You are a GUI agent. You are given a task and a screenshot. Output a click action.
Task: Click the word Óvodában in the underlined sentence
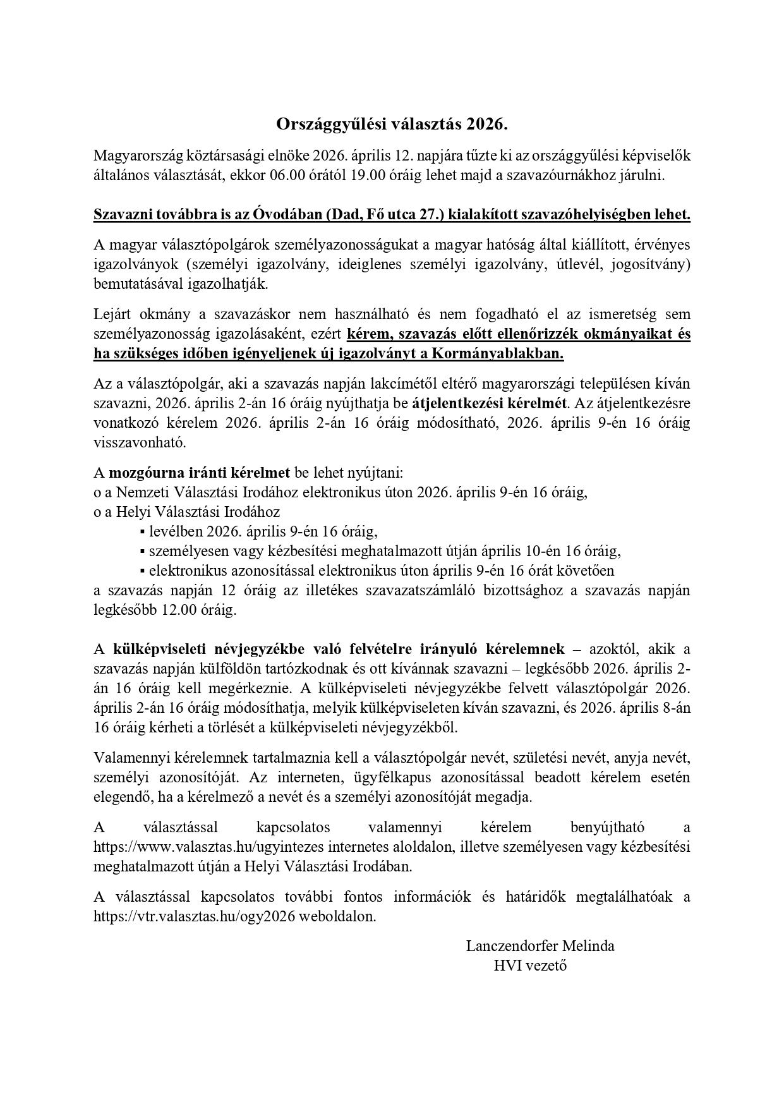click(287, 214)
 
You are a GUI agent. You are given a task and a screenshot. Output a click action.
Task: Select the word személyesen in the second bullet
click(188, 550)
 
